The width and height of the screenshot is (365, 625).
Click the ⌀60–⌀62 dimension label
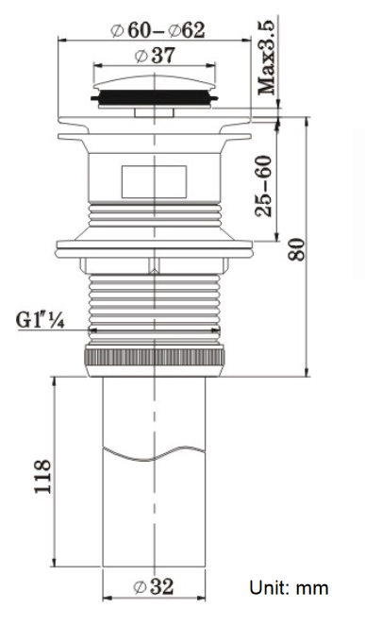[x=158, y=31]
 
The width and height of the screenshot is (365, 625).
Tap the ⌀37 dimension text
[x=155, y=56]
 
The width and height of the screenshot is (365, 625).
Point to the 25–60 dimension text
[x=263, y=186]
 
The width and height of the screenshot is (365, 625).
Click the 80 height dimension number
[x=296, y=249]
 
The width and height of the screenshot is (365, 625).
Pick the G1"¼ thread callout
[x=41, y=320]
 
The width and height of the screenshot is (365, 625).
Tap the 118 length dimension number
[x=42, y=477]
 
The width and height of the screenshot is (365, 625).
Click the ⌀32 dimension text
[x=154, y=586]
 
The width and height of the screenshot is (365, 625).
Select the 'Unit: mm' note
[x=289, y=587]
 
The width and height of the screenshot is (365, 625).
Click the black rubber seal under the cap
[x=155, y=97]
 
